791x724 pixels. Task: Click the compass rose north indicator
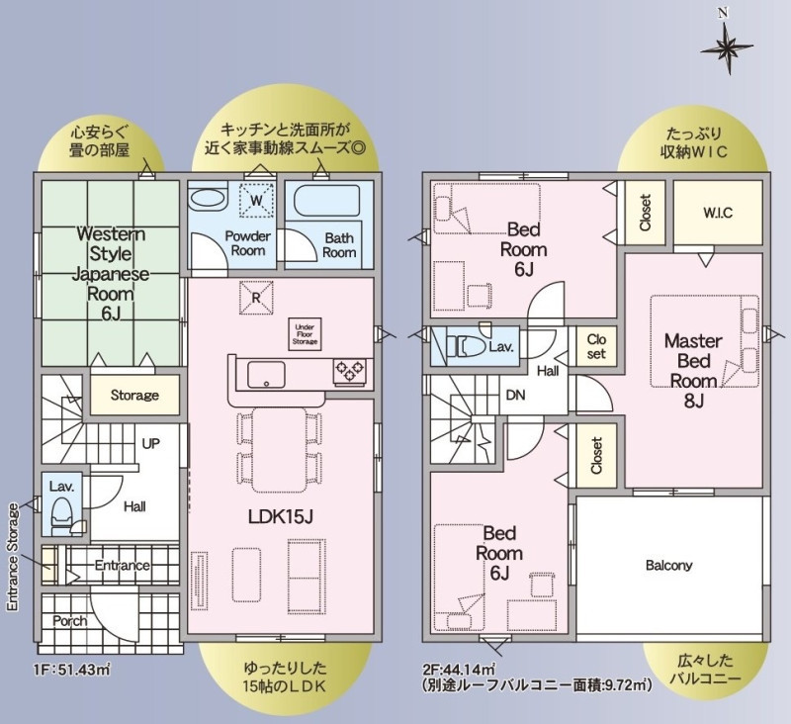pos(727,46)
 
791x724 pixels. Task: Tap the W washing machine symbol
pos(257,201)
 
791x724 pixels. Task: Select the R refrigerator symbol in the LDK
pos(256,298)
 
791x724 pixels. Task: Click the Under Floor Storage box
pos(305,334)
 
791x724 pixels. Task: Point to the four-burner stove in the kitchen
pos(350,372)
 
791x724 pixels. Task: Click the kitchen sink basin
pos(266,375)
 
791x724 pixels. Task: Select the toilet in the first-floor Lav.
pos(63,512)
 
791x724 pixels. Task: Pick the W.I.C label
pos(718,213)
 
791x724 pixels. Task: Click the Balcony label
pos(669,565)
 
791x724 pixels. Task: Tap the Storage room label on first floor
pos(134,395)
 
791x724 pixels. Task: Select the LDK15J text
pos(281,516)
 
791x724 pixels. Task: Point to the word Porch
pos(70,621)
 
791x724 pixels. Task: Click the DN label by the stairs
pos(515,395)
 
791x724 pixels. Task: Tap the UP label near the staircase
pos(151,443)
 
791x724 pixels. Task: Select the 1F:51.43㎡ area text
pos(71,670)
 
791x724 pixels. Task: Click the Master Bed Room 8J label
pos(694,370)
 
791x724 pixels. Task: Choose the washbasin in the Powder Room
pos(209,197)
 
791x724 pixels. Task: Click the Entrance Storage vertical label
pos(13,557)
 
